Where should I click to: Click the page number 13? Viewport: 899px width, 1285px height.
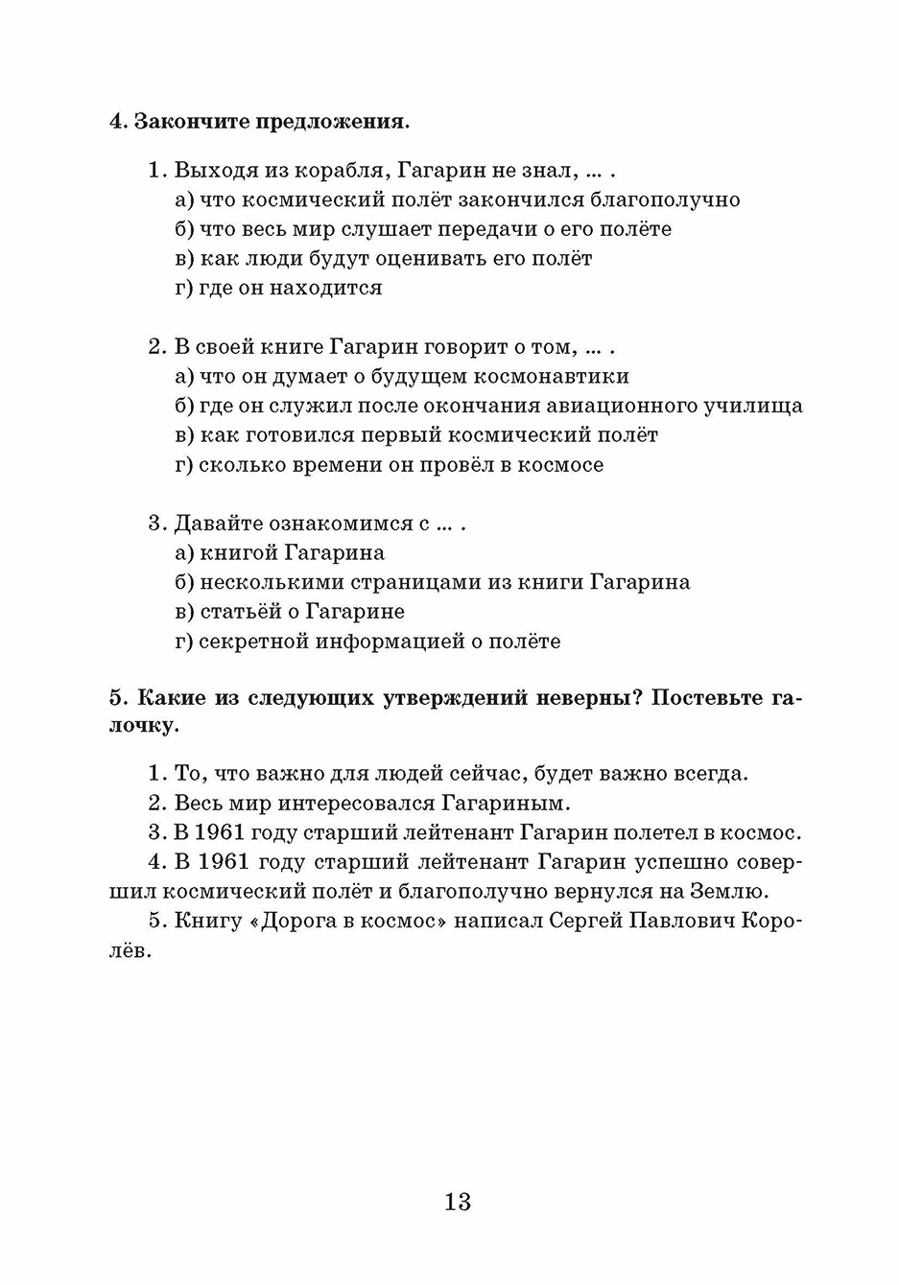[x=458, y=1202]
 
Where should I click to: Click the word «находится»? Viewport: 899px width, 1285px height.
[x=325, y=288]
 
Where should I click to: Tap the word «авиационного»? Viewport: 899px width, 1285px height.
[x=614, y=406]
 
